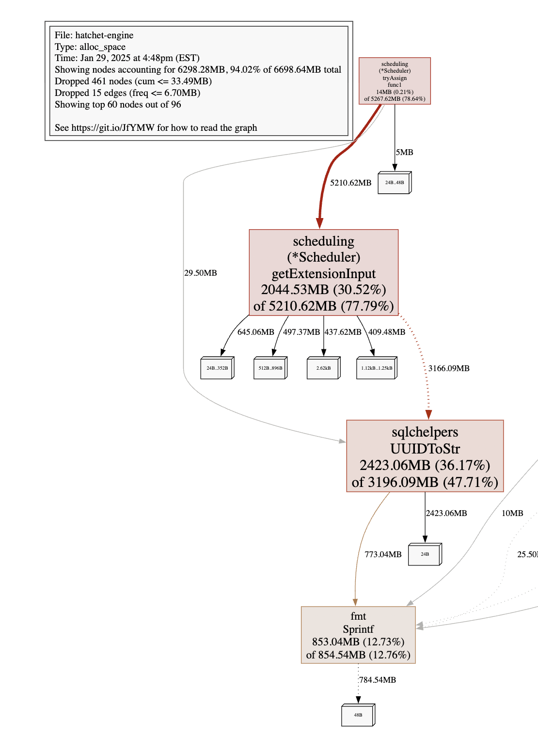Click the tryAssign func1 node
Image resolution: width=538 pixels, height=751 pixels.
click(395, 81)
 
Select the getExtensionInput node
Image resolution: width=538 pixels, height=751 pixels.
click(323, 273)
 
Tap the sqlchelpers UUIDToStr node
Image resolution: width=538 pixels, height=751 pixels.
click(425, 456)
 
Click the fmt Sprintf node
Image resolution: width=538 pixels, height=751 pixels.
click(358, 635)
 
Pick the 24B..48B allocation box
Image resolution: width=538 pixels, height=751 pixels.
click(395, 183)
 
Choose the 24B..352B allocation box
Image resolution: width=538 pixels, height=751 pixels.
click(217, 368)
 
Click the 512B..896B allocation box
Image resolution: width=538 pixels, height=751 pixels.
click(270, 368)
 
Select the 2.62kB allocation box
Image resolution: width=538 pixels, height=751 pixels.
click(323, 368)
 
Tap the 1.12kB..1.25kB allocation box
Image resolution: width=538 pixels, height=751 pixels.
click(377, 368)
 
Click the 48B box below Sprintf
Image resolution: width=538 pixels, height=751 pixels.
click(358, 715)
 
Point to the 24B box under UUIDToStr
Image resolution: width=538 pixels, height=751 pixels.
click(425, 554)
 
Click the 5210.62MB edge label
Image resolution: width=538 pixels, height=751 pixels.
click(350, 183)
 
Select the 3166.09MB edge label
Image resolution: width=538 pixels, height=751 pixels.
click(449, 368)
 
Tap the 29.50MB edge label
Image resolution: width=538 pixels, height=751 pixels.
click(201, 273)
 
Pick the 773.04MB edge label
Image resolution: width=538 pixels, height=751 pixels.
click(383, 554)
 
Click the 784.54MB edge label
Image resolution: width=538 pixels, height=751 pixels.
click(377, 680)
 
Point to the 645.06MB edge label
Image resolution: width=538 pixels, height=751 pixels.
click(255, 332)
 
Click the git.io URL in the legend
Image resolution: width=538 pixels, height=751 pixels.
click(113, 128)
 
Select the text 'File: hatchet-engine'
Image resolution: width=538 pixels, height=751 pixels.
click(94, 35)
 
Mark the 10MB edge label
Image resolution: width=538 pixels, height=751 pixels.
click(512, 513)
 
